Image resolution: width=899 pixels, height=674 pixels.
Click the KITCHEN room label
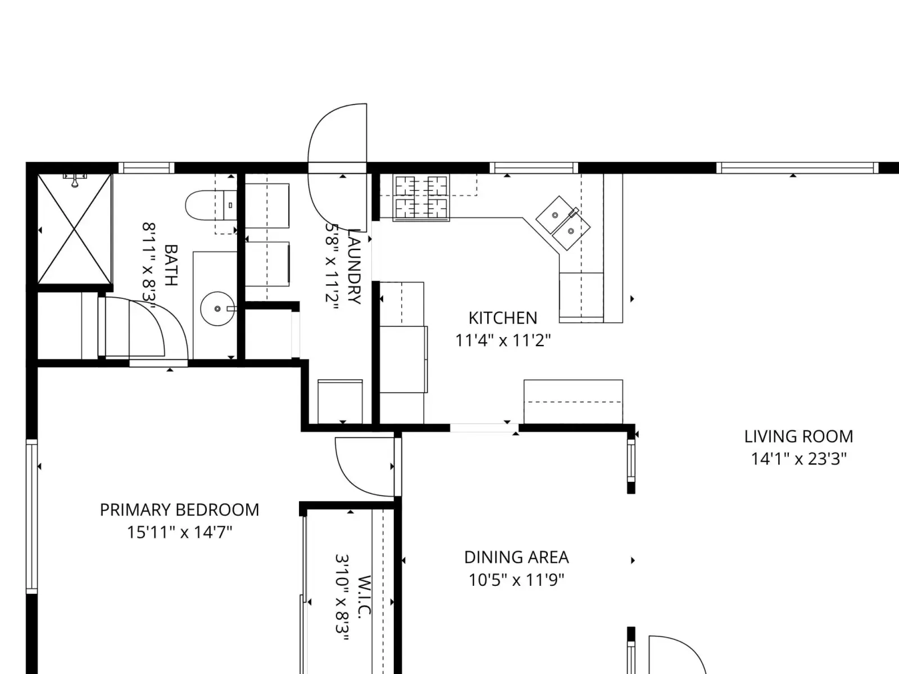(x=502, y=318)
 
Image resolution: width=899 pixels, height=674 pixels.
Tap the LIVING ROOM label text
(x=798, y=436)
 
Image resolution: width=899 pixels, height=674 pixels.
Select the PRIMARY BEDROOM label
(x=179, y=510)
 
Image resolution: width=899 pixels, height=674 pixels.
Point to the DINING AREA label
(x=516, y=557)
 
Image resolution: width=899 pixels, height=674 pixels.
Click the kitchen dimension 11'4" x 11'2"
(x=503, y=340)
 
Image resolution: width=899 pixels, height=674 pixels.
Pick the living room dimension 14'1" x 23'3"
(x=798, y=459)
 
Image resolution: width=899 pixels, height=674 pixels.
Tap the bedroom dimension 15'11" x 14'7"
(x=179, y=532)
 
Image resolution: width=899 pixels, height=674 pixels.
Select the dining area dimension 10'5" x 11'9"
(x=516, y=580)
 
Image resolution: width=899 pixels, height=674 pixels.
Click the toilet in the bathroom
(x=211, y=206)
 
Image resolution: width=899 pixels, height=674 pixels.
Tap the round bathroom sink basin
(x=217, y=308)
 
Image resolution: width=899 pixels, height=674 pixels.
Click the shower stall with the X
(x=75, y=229)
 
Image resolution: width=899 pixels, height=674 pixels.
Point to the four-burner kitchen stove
(x=421, y=198)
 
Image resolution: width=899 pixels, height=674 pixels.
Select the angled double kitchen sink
(x=563, y=222)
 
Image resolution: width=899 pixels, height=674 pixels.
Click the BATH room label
(x=171, y=265)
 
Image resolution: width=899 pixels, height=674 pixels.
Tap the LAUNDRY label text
(x=354, y=266)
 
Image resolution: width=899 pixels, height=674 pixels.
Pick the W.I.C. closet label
(x=364, y=596)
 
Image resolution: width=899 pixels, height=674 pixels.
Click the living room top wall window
(x=797, y=168)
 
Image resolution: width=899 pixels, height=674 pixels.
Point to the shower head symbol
(x=75, y=180)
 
